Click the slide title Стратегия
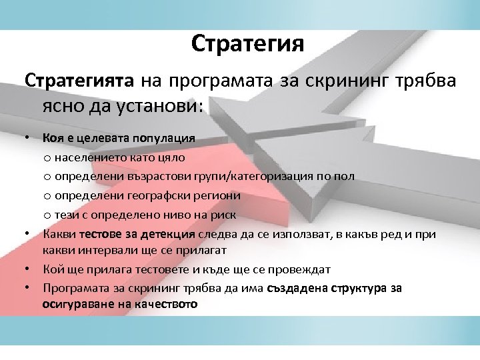(247, 44)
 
